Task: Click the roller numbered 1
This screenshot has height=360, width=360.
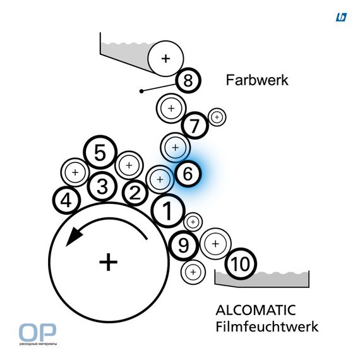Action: tap(168, 210)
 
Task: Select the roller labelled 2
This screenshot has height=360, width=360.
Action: tap(135, 193)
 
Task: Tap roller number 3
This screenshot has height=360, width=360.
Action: tap(102, 186)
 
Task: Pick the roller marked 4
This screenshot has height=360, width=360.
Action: tap(66, 200)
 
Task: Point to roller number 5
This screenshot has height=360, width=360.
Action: tap(100, 152)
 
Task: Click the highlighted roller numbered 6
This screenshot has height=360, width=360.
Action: tap(188, 173)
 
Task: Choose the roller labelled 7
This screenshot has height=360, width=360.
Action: tap(195, 126)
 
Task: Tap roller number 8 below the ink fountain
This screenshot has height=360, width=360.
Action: tap(188, 80)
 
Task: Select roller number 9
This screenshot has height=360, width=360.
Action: tap(184, 246)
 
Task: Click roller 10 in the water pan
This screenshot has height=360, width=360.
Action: tap(241, 264)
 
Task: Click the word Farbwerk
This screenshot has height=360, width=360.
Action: tap(257, 80)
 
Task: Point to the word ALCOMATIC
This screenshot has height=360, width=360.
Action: tap(256, 310)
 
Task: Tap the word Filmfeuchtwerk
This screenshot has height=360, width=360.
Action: tap(267, 327)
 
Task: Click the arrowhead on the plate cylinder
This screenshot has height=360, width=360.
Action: tap(74, 237)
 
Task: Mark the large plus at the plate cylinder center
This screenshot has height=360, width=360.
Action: tap(109, 262)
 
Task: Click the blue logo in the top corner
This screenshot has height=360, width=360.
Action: tap(341, 17)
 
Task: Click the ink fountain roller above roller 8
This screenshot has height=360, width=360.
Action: tap(165, 59)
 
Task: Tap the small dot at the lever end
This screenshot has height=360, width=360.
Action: tap(141, 91)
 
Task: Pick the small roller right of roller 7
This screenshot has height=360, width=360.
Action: tap(217, 117)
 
